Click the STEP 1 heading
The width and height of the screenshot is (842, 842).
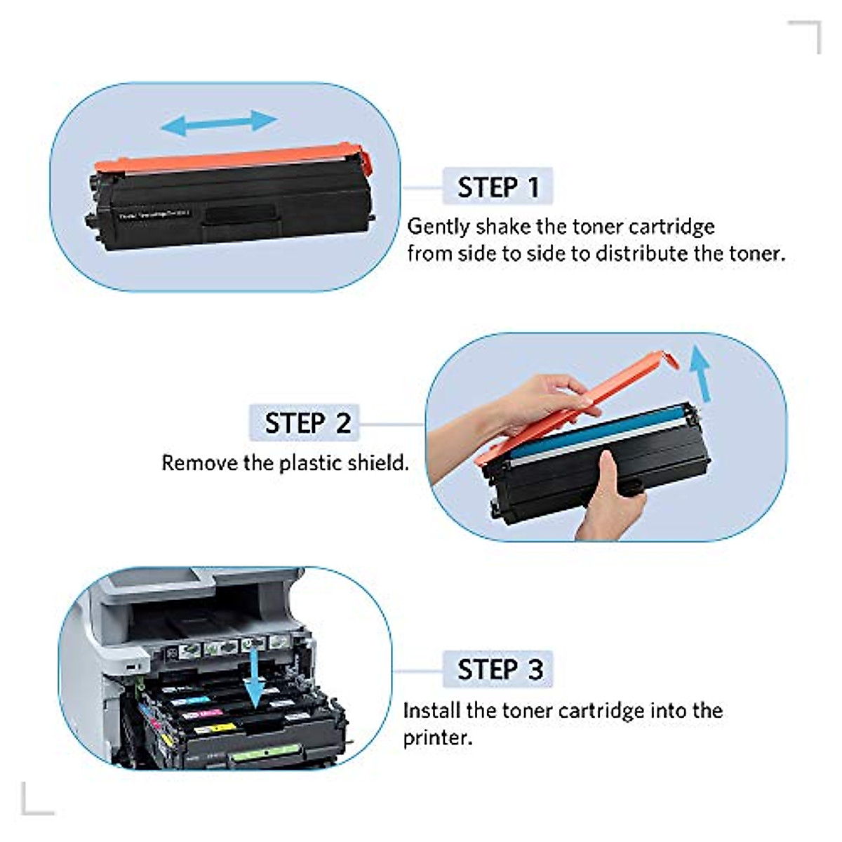pos(497,187)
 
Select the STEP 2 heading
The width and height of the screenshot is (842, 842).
pos(307,423)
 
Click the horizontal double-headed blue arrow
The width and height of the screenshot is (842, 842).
pos(219,123)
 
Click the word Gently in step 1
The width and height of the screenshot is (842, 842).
pos(439,227)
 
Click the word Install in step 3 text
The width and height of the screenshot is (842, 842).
pos(432,710)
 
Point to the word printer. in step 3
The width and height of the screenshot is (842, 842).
pos(437,738)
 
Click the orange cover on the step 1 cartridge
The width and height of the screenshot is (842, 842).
pos(232,158)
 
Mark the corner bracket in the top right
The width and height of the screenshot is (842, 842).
pos(807,35)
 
